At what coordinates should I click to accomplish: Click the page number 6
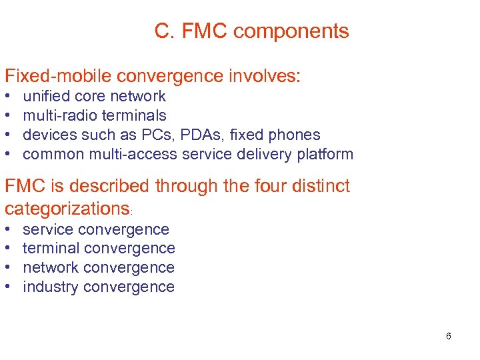tap(449, 336)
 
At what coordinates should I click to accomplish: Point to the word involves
tap(265, 75)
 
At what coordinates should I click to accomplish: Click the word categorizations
tap(67, 209)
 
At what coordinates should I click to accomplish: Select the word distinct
tap(313, 186)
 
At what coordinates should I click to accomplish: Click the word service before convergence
tap(48, 229)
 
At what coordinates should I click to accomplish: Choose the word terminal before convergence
tap(51, 249)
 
